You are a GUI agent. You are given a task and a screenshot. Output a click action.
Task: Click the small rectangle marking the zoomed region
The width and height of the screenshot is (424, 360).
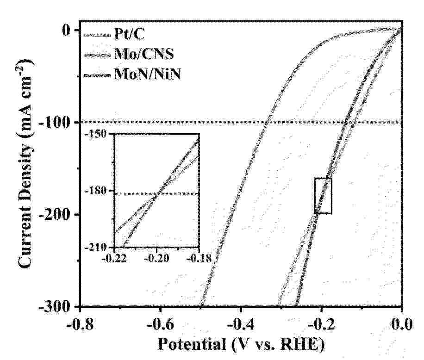pos(323,196)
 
